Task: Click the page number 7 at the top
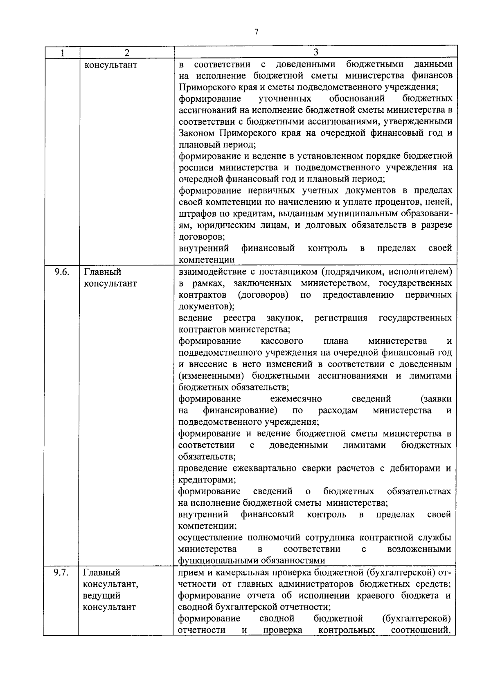click(256, 32)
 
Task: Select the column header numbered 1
click(62, 53)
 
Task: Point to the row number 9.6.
click(62, 272)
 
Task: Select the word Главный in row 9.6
click(103, 272)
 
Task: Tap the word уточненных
click(285, 99)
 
